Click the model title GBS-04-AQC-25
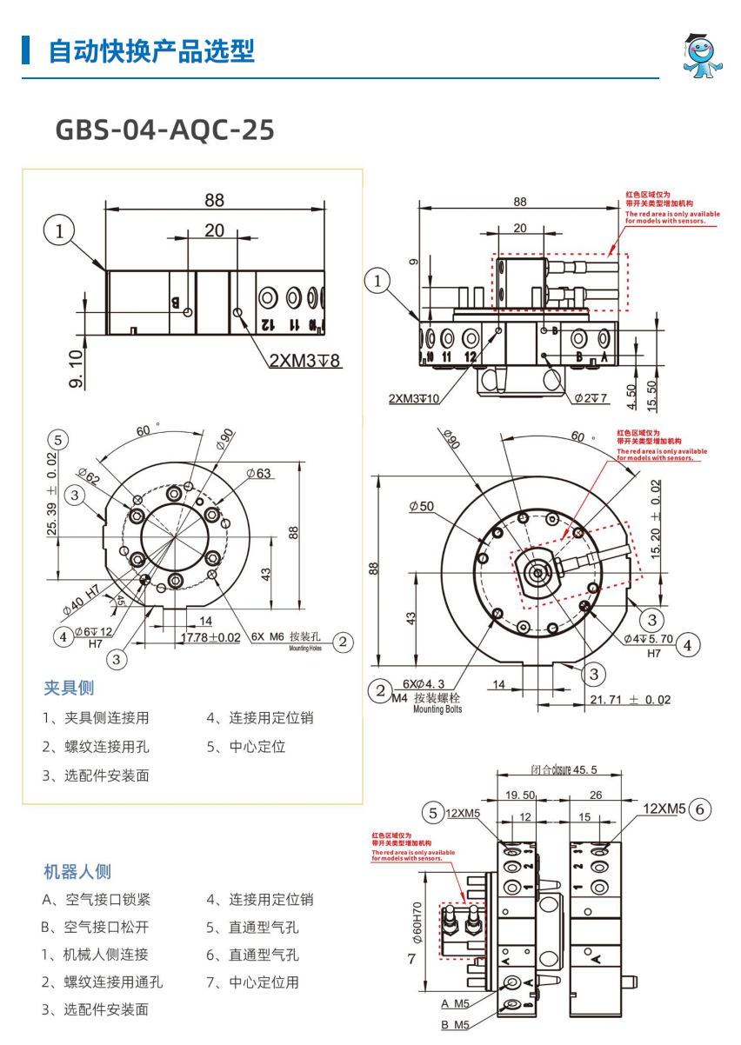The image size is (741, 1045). point(165,130)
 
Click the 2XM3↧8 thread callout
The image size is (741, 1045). point(304,361)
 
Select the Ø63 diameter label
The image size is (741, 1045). point(258,473)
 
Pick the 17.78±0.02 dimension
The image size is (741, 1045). point(210,637)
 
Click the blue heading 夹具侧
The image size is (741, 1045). point(69,688)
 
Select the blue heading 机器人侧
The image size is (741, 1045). point(77,871)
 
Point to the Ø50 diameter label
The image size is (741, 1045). point(421,506)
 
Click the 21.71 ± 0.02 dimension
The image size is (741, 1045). point(631,700)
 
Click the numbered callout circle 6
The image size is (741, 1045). point(701,809)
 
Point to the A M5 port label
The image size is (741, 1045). point(455,1003)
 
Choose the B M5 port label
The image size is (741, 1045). point(455,1025)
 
